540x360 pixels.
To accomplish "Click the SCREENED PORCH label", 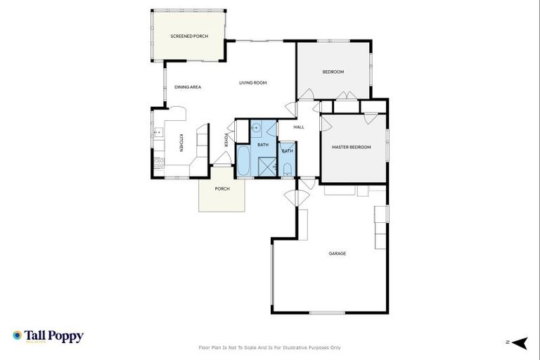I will [190, 35].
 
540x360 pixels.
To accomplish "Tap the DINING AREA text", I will [188, 86].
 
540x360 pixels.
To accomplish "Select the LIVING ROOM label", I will [252, 83].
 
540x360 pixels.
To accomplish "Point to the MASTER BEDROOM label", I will [351, 147].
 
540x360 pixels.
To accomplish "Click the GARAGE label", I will [337, 253].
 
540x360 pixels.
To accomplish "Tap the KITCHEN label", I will [181, 143].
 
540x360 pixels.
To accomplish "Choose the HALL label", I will [299, 127].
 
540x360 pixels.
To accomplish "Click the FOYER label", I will [226, 140].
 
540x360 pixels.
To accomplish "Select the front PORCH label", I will [221, 189].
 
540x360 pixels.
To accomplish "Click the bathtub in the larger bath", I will [243, 161].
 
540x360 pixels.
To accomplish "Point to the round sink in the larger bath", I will [257, 128].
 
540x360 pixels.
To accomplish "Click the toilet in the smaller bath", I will [288, 168].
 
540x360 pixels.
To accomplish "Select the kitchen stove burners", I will [158, 161].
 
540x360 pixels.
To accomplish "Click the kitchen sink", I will [157, 131].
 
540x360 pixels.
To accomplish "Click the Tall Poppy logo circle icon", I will [18, 336].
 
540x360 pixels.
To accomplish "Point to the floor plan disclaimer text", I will [269, 347].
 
